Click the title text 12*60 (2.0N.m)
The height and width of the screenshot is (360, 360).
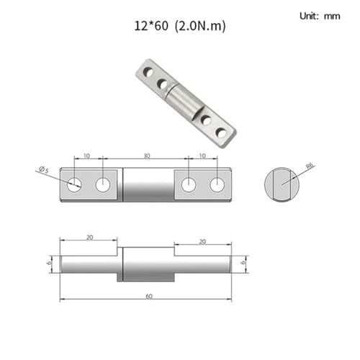180,26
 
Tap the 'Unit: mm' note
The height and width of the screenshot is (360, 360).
320,16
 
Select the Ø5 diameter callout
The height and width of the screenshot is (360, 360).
44,169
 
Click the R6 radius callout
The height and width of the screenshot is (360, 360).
310,166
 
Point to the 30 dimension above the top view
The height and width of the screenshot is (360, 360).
147,156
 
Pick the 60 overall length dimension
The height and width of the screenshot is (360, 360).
149,296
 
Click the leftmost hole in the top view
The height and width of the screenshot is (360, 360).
74,185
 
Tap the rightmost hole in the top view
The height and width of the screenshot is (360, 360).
217,185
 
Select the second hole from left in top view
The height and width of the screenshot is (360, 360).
103,185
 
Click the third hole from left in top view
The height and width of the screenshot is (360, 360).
189,185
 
